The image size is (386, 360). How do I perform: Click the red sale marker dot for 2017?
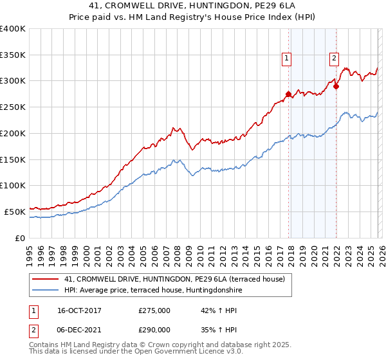[288, 94]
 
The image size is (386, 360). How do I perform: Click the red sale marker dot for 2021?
[336, 86]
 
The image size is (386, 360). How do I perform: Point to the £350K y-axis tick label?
[13, 55]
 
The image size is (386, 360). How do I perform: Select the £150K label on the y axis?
[13, 159]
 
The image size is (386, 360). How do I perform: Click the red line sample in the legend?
[45, 280]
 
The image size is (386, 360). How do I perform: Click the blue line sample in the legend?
[45, 291]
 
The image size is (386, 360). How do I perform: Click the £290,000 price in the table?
[154, 329]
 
